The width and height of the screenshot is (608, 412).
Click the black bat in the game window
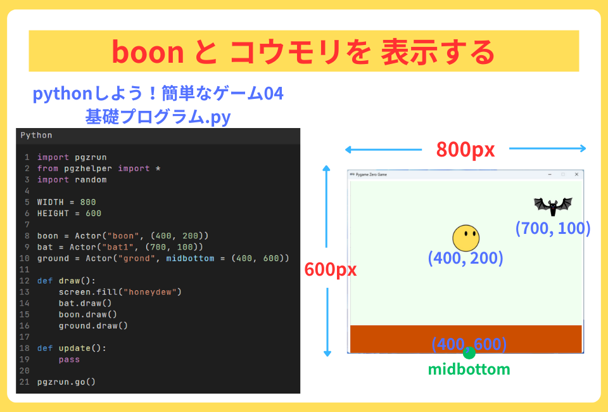tap(553, 205)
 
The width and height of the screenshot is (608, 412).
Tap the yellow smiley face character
tap(465, 238)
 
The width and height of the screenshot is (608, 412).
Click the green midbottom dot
tap(469, 353)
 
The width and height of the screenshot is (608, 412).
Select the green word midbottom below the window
tap(469, 369)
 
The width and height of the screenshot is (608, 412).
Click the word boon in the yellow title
tap(148, 51)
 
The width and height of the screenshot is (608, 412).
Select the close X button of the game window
tap(576, 174)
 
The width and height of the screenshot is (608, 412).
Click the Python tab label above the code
tap(36, 135)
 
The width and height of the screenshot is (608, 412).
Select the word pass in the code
tap(69, 359)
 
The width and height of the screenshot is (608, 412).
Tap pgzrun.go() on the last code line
tap(66, 382)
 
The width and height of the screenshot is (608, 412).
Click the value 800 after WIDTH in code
tap(88, 202)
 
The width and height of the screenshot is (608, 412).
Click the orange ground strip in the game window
tap(405, 338)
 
